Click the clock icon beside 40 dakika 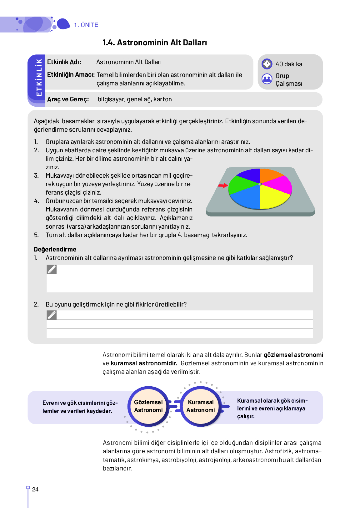coord(267,64)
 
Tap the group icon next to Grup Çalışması coord(267,79)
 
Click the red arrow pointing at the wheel coord(223,186)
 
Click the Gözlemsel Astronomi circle coord(148,406)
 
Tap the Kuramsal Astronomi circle coord(201,406)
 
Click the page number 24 coord(35,490)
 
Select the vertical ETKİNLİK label coord(39,78)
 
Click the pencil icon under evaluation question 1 coord(52,269)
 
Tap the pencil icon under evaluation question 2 coord(52,315)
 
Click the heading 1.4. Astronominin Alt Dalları coord(155,43)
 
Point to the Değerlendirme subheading coord(55,249)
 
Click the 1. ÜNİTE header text coord(86,25)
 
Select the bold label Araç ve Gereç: coord(68,99)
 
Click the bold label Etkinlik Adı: coord(64,62)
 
